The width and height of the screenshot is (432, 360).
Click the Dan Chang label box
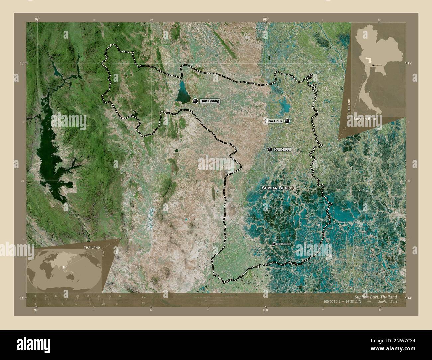tap(209, 101)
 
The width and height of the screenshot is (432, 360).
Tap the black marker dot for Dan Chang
tap(195, 101)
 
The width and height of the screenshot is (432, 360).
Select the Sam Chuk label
tap(274, 121)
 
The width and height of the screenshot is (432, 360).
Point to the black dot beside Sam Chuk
tap(287, 121)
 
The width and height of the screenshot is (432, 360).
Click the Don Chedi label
tap(282, 150)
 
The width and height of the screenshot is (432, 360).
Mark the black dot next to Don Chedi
tap(270, 150)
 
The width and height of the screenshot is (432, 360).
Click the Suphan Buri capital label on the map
tap(275, 188)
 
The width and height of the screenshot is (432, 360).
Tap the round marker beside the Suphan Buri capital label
tap(292, 188)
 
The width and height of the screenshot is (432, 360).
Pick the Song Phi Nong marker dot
tap(274, 244)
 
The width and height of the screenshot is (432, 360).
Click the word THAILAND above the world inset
tap(92, 248)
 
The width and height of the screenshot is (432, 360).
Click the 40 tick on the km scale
tap(120, 296)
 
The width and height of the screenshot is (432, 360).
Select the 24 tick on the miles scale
tap(117, 304)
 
